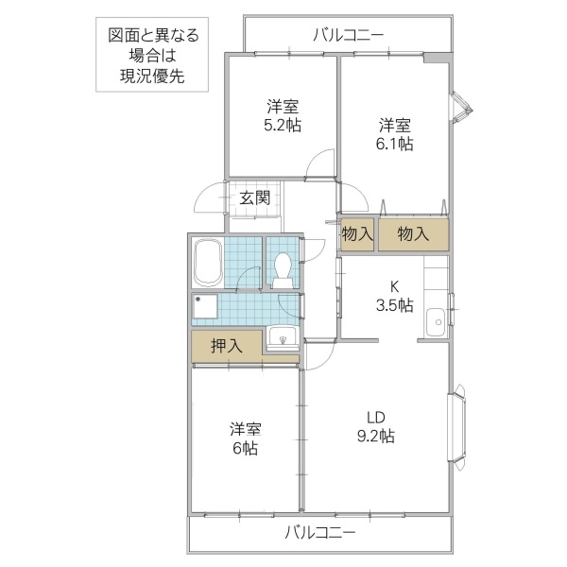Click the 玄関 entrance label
point(254,198)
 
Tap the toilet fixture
point(281,270)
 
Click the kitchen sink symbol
point(436,321)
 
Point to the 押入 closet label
point(227,345)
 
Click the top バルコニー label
point(348,36)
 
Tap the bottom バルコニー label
point(320,533)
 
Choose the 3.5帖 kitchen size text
point(394,304)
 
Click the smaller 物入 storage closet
point(357,233)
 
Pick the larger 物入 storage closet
point(413,233)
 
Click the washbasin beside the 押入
point(281,336)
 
